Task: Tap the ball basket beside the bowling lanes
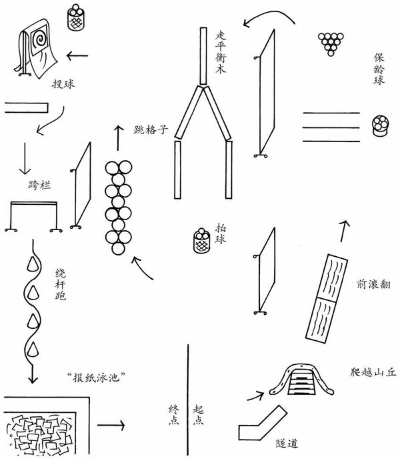(380, 124)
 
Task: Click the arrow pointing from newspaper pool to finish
(111, 424)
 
